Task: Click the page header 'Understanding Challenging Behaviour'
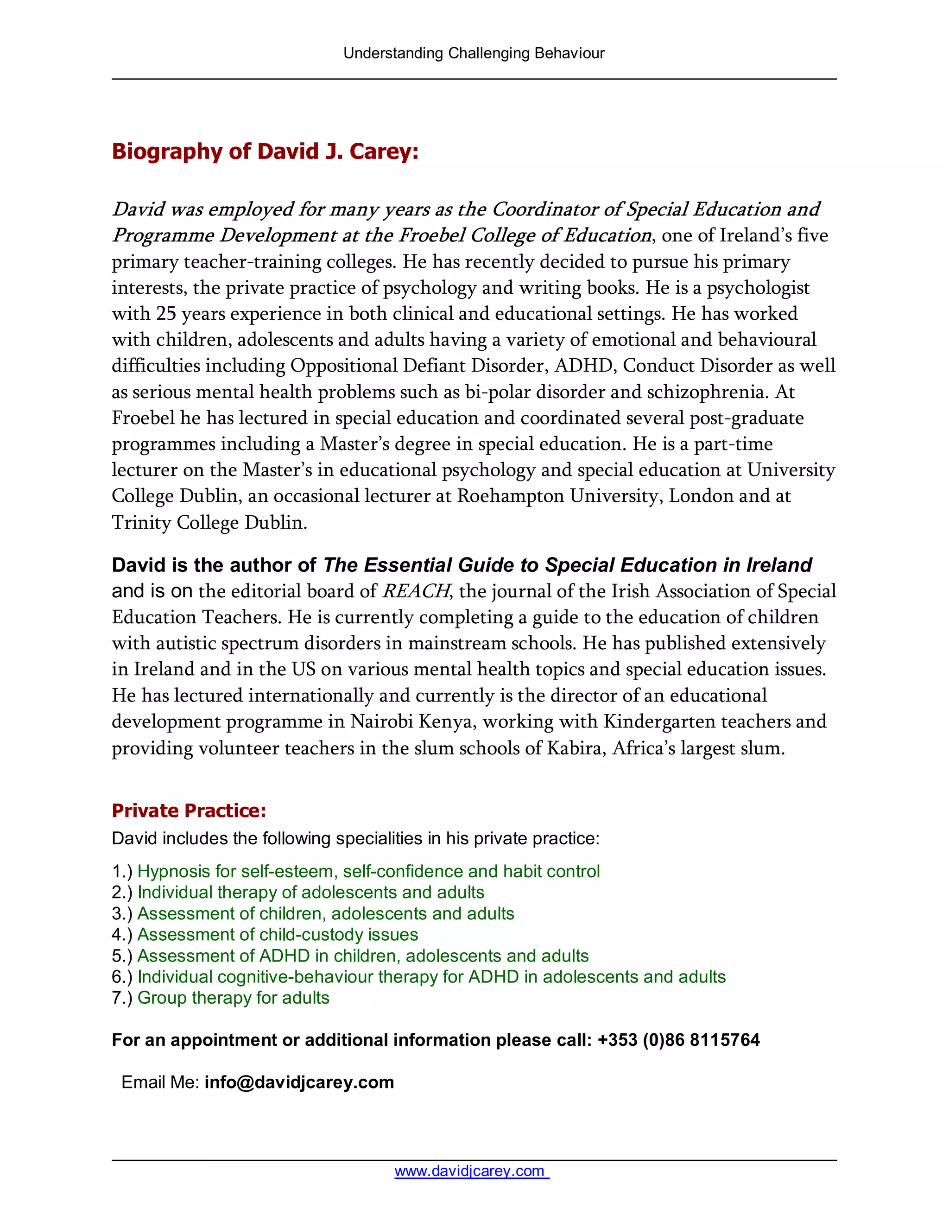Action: tap(474, 53)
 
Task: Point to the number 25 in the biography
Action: tap(166, 313)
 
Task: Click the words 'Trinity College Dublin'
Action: tap(209, 522)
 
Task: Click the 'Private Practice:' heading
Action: tap(189, 810)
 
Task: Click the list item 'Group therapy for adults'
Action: tap(234, 998)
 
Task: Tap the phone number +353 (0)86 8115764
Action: tap(678, 1040)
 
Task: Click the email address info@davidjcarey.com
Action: tap(299, 1082)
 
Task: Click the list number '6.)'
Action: tap(122, 977)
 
